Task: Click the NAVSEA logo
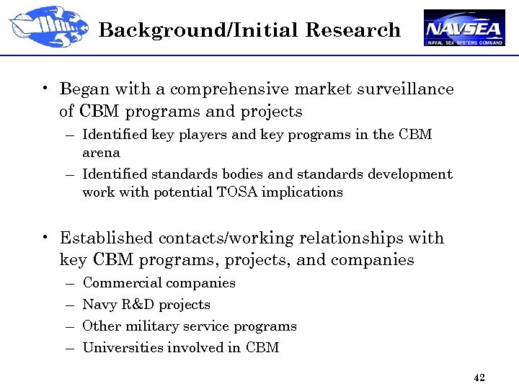tap(464, 28)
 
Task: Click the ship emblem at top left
tap(49, 27)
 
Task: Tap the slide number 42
tap(479, 377)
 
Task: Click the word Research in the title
tap(352, 30)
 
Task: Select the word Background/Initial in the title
tap(199, 30)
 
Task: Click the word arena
tap(101, 153)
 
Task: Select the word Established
tap(107, 238)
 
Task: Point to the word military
tap(151, 326)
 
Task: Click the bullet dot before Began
tap(45, 89)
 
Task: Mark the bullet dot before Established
tap(45, 238)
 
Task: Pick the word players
tap(195, 135)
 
